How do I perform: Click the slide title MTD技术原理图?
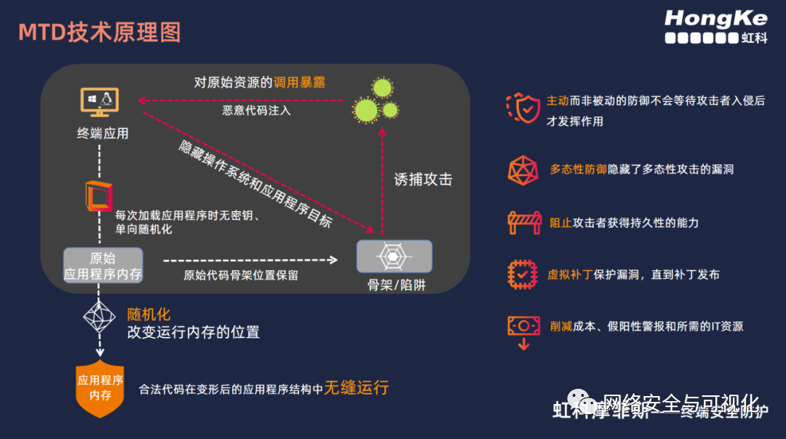click(99, 33)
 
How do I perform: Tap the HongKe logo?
click(716, 26)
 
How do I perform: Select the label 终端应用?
click(103, 133)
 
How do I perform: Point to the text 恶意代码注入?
click(256, 111)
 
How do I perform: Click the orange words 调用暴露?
click(299, 82)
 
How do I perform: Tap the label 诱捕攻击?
click(423, 179)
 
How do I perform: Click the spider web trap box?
click(394, 256)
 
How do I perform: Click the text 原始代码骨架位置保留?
click(241, 275)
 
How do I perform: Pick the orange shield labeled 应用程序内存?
click(100, 387)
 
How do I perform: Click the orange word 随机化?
click(148, 315)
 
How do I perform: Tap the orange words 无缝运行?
click(357, 387)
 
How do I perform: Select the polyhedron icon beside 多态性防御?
click(523, 170)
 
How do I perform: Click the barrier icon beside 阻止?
click(523, 222)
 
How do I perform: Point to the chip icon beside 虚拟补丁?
click(523, 274)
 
